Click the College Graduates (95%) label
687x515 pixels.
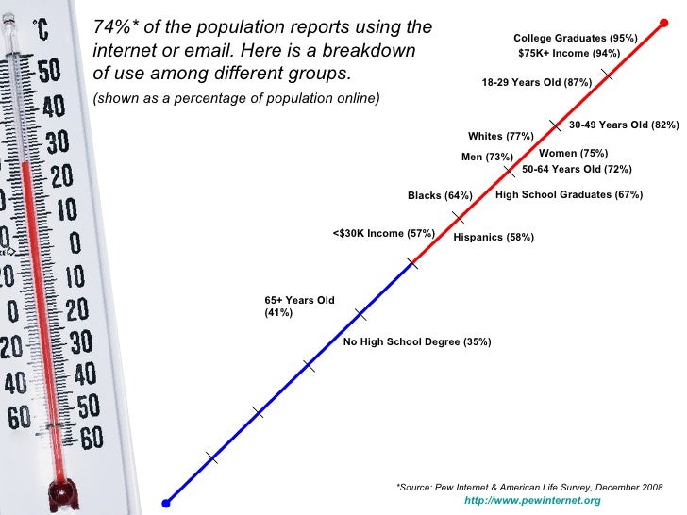pos(575,38)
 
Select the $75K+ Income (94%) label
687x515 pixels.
pos(569,54)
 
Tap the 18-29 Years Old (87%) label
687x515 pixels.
pos(536,83)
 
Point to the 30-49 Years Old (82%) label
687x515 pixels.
pos(623,125)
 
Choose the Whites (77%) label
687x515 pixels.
pos(500,137)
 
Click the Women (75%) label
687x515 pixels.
pos(573,153)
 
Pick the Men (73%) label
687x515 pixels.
pos(487,157)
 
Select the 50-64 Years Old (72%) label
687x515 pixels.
pos(577,170)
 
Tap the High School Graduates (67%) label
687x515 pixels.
pos(568,195)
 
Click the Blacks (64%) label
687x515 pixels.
pos(439,196)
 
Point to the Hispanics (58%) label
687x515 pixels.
pos(494,238)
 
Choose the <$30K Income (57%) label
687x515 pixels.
pos(383,233)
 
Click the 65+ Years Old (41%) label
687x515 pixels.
pos(299,307)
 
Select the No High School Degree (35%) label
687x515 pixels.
pos(416,341)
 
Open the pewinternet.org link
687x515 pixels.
pos(532,500)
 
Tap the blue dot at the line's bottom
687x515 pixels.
pos(165,502)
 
